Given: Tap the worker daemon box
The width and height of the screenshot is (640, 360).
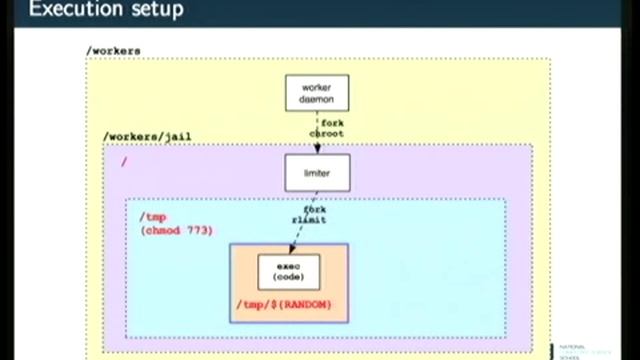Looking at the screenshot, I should [317, 94].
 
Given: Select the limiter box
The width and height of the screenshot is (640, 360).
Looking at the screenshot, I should [317, 172].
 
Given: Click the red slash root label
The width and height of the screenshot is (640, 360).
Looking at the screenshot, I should [124, 160].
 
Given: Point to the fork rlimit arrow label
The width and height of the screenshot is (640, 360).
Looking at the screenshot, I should [308, 215].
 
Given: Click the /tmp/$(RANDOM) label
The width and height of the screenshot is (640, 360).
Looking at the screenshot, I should [284, 304].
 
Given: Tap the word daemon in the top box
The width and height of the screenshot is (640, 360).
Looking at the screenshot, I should [317, 100].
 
